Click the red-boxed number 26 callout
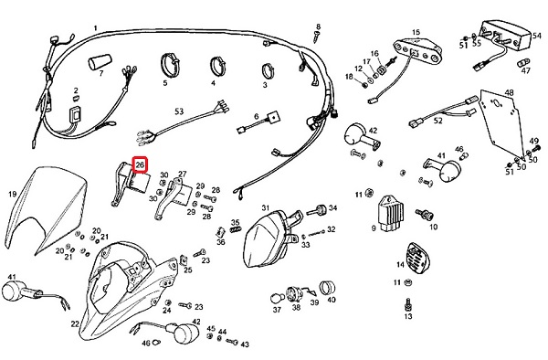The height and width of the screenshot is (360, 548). (x=140, y=165)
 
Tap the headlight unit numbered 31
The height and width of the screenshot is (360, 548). (x=271, y=238)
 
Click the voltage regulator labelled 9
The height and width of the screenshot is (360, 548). (x=390, y=213)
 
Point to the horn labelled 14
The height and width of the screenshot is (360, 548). (x=418, y=259)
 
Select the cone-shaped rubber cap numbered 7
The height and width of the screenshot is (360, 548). (x=100, y=62)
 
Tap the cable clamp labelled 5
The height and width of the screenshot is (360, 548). (x=170, y=64)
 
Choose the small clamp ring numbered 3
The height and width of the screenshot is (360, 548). (x=268, y=71)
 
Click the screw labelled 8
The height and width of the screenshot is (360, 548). (x=316, y=37)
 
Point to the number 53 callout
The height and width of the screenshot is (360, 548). (x=179, y=111)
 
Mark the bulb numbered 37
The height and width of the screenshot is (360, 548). (x=276, y=299)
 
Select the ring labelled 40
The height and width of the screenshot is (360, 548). (x=328, y=287)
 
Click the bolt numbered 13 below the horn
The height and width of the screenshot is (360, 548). (x=408, y=304)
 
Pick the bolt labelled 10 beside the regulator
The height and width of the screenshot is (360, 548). (x=424, y=214)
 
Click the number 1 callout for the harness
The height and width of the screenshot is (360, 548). (x=95, y=28)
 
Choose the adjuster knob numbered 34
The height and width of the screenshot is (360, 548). (x=317, y=210)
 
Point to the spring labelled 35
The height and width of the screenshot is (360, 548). (x=236, y=229)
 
